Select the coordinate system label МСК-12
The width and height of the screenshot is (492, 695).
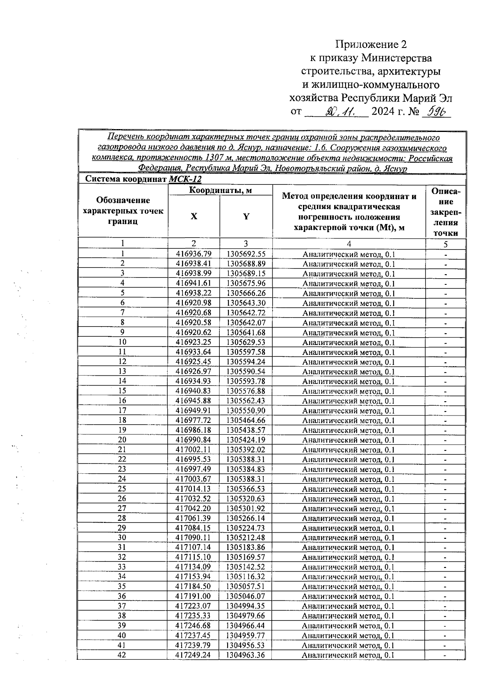tap(185, 179)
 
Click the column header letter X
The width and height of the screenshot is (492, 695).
tap(194, 216)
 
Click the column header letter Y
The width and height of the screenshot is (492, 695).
tap(246, 216)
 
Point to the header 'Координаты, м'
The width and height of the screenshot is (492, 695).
tap(220, 190)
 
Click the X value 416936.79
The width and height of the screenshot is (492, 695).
tap(194, 254)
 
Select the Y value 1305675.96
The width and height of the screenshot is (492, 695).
tap(246, 283)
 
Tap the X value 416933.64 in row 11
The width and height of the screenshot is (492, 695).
tap(194, 352)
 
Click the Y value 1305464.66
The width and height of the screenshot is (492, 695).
tap(246, 420)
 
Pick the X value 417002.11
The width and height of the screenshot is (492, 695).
tap(194, 450)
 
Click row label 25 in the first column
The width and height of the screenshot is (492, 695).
tap(122, 489)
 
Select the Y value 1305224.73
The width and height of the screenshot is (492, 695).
tap(246, 528)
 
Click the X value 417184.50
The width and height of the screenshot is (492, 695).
tap(194, 586)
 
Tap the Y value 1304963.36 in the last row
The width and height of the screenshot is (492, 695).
tap(246, 655)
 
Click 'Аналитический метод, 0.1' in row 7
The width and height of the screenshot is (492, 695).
tap(348, 313)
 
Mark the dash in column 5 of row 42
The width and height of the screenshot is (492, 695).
tap(445, 655)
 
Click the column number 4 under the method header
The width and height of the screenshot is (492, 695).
tap(348, 244)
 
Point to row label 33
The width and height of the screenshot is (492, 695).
tap(122, 567)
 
